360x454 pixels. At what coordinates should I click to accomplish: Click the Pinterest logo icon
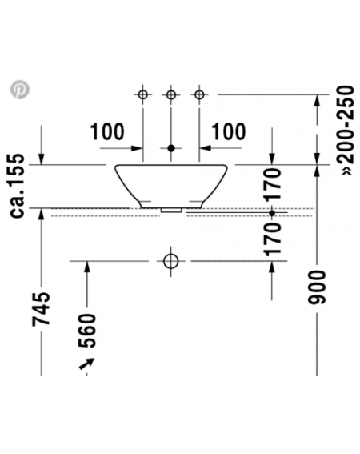pyautogui.click(x=20, y=90)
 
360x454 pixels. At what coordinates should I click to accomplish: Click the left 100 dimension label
pyautogui.click(x=107, y=131)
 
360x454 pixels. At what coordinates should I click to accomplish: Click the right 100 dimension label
pyautogui.click(x=229, y=131)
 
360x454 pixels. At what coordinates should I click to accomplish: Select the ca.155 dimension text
pyautogui.click(x=17, y=186)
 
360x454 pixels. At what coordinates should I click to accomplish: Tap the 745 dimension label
pyautogui.click(x=41, y=309)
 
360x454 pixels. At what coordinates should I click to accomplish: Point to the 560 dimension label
pyautogui.click(x=87, y=331)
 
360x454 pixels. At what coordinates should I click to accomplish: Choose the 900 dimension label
pyautogui.click(x=317, y=287)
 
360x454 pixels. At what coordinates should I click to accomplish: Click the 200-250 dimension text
pyautogui.click(x=347, y=131)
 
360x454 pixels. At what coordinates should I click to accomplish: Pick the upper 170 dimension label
pyautogui.click(x=273, y=184)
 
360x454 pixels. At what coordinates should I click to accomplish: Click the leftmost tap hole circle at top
pyautogui.click(x=143, y=94)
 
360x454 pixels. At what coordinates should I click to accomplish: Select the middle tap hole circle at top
pyautogui.click(x=171, y=94)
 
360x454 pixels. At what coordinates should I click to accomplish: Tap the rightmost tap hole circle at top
pyautogui.click(x=199, y=94)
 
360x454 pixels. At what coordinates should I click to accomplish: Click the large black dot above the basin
pyautogui.click(x=171, y=148)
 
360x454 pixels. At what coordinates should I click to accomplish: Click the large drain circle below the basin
pyautogui.click(x=170, y=261)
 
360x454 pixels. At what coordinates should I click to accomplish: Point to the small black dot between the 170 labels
pyautogui.click(x=272, y=213)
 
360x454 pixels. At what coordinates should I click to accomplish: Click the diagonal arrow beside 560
pyautogui.click(x=87, y=363)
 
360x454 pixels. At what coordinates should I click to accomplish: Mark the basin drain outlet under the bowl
pyautogui.click(x=171, y=210)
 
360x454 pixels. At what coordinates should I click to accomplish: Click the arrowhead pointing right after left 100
pyautogui.click(x=136, y=148)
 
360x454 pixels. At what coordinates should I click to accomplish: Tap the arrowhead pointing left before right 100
pyautogui.click(x=206, y=148)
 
